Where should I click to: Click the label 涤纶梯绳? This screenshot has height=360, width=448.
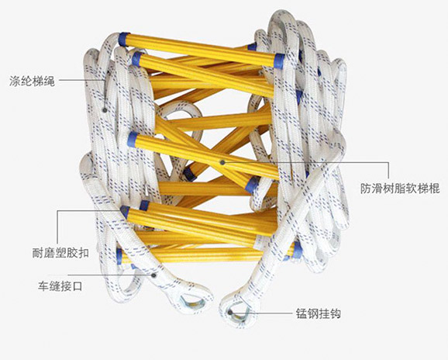pos(32,81)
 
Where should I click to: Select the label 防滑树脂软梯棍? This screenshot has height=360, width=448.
pos(400,189)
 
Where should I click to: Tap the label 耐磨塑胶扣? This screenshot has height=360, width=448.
pos(60,253)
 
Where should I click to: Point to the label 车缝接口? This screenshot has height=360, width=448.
pos(60,286)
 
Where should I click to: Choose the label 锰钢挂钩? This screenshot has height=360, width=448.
pos(319,313)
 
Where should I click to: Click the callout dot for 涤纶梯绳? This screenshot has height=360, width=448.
pos(105,110)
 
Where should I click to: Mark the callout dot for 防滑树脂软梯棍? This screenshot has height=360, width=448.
pos(222,162)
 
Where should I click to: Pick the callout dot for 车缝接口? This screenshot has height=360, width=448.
pos(153,275)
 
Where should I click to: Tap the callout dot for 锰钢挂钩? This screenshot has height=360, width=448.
pos(230,312)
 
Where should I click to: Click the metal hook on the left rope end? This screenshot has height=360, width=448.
pos(192,302)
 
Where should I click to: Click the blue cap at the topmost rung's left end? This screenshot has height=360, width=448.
pos(124,40)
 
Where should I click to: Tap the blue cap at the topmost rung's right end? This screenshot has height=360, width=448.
pos(279,61)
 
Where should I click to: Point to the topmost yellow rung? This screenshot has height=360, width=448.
pos(202,50)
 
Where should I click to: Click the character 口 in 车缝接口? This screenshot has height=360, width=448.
pos(78,286)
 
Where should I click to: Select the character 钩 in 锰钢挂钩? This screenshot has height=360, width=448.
pos(336,313)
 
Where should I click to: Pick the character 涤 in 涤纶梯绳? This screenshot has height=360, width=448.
pos(15,81)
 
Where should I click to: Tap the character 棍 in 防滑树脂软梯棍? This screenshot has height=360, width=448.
pos(434,189)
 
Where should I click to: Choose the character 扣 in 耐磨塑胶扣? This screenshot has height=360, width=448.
pos(84,253)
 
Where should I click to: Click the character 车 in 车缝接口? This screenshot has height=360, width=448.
pos(43,286)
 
